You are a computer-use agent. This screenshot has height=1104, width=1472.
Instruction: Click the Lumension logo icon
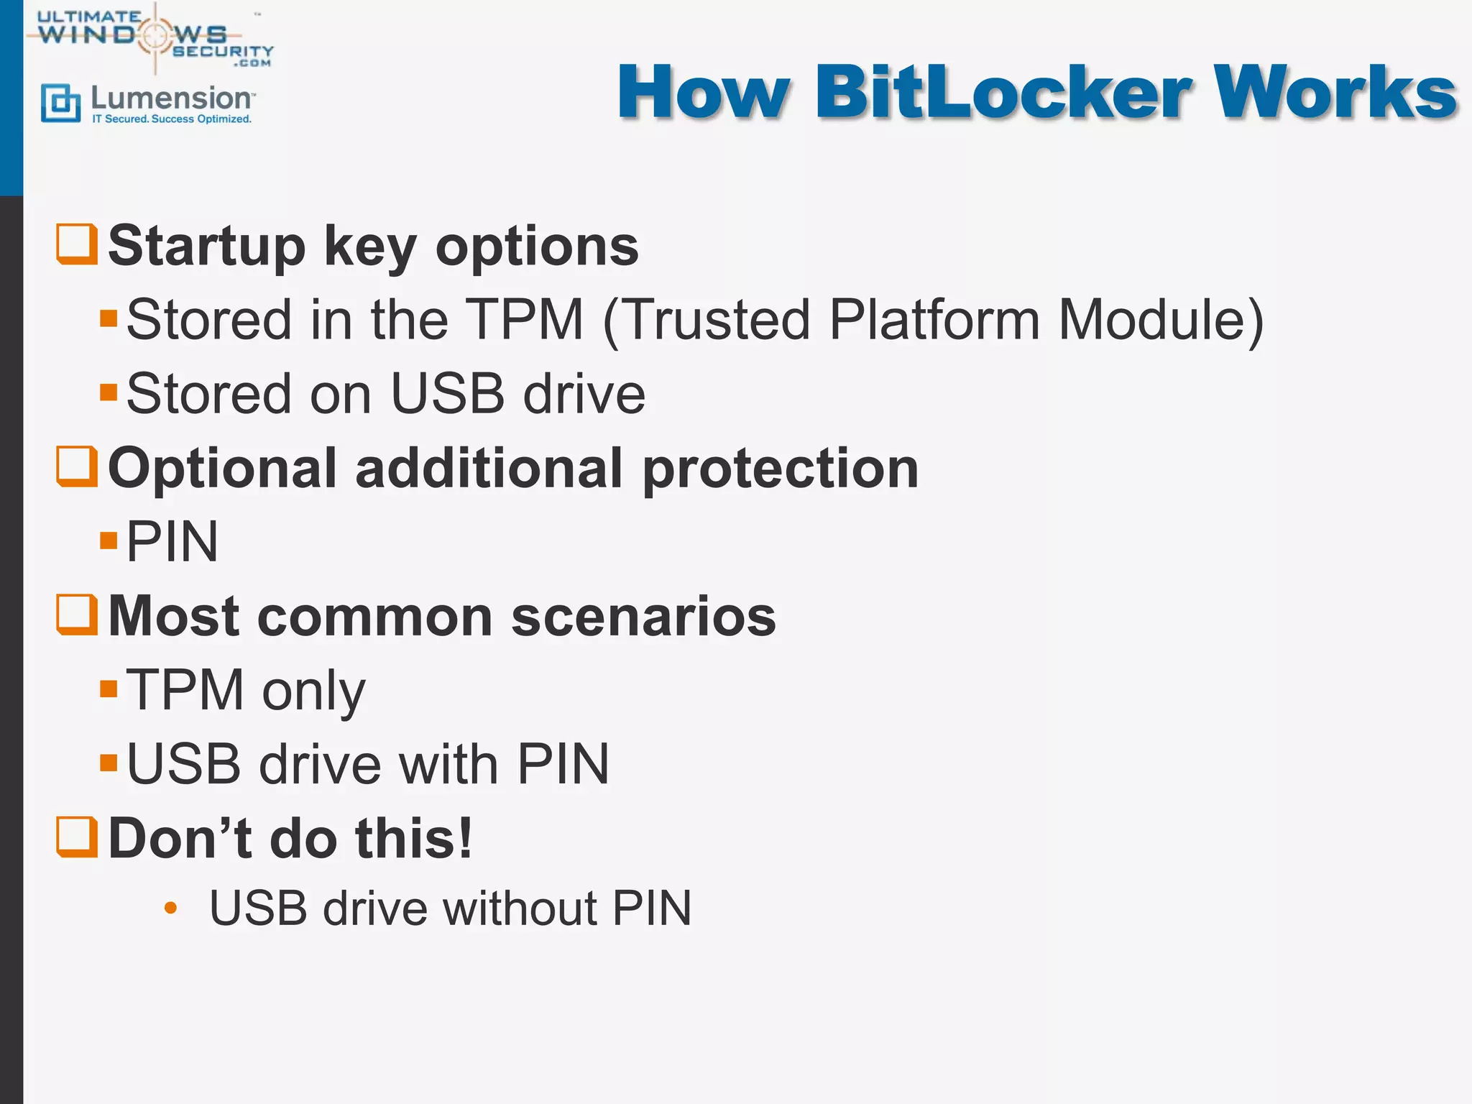[x=60, y=103]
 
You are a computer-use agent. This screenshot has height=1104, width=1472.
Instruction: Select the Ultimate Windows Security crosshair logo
[x=155, y=36]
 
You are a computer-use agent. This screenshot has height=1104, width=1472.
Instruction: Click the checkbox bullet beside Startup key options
[x=77, y=244]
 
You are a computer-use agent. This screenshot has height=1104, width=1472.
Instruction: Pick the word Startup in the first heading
[x=206, y=246]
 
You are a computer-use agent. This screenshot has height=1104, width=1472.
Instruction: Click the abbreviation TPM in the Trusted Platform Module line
[x=525, y=319]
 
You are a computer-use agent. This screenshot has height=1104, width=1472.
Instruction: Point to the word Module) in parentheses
[x=1160, y=319]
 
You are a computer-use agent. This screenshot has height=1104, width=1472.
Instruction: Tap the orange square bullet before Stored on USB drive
[x=109, y=392]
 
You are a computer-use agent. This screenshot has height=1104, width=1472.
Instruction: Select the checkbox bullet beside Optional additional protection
[x=77, y=466]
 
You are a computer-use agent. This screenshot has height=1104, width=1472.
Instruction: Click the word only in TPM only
[x=313, y=690]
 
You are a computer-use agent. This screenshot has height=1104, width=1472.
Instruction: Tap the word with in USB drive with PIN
[x=448, y=763]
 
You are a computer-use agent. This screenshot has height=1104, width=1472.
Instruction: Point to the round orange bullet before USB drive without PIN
[x=170, y=908]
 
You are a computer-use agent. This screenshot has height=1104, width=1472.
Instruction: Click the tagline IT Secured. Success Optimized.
[x=172, y=119]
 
